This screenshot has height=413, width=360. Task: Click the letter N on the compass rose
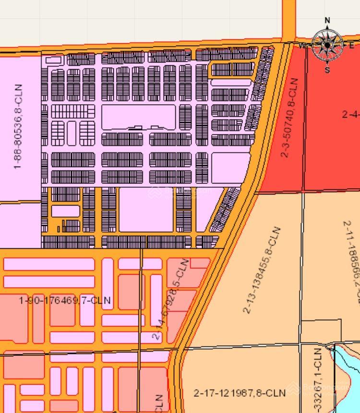[x=327, y=20]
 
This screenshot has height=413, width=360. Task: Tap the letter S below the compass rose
[x=327, y=70]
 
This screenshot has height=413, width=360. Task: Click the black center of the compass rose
[x=327, y=45]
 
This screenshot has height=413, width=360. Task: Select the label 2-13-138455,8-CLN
[x=261, y=270]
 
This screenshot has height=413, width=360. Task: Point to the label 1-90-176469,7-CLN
[x=65, y=301]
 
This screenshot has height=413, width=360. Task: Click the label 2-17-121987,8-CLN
[x=240, y=393]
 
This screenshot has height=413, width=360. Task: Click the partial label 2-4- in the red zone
[x=350, y=114]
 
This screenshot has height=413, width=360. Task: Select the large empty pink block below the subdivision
[x=145, y=209]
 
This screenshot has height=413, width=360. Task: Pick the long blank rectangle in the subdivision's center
[x=138, y=117]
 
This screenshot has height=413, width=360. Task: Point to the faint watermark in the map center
[x=180, y=192]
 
